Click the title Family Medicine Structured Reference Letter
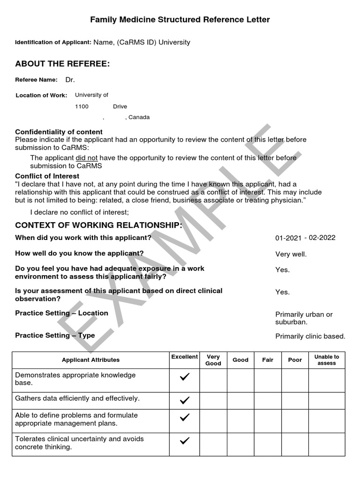(x=180, y=20)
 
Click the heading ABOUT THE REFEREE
(x=62, y=63)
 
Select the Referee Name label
(x=37, y=80)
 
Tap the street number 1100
(x=82, y=106)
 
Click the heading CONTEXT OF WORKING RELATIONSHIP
(x=98, y=225)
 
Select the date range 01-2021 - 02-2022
(x=305, y=238)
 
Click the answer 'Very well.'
(x=291, y=255)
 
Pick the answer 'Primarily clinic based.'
(x=310, y=336)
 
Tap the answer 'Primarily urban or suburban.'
(x=303, y=318)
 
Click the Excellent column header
(x=184, y=357)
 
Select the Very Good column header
(x=213, y=360)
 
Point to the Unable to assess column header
(x=327, y=360)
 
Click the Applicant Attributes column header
(x=90, y=360)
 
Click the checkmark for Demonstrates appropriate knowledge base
(x=185, y=377)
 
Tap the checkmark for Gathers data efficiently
(x=185, y=400)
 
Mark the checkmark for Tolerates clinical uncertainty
(x=185, y=441)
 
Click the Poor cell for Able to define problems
(x=295, y=420)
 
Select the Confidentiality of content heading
(x=59, y=132)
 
